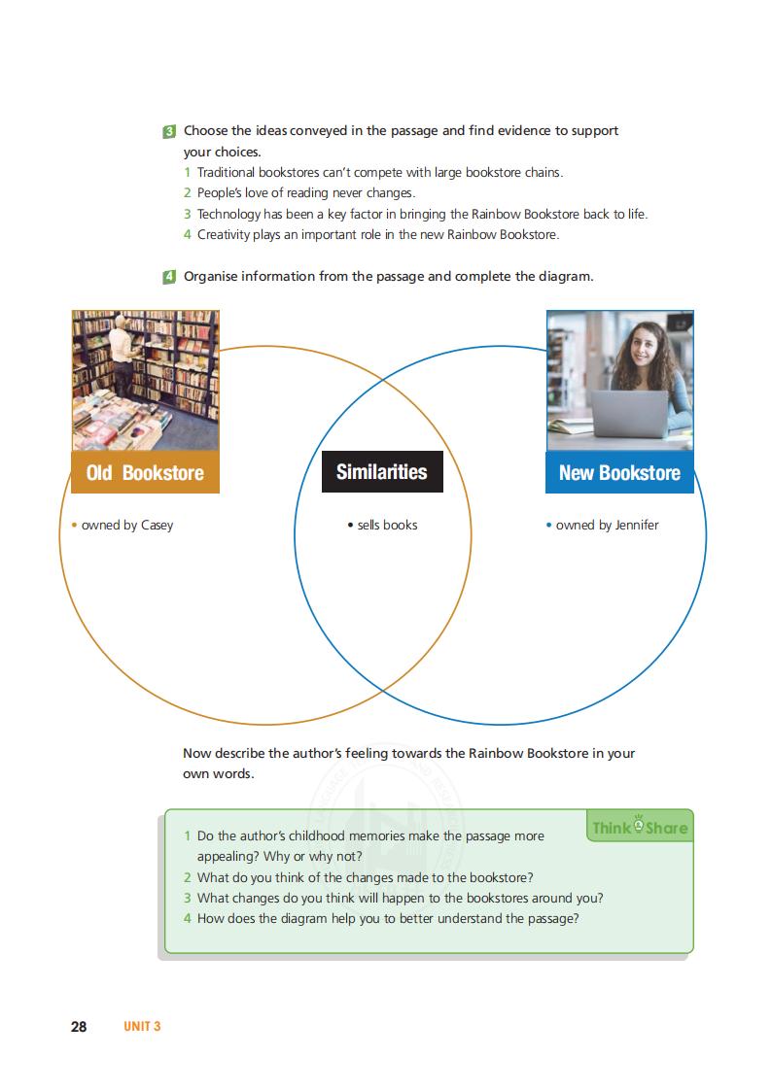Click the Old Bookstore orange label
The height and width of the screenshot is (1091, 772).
(145, 473)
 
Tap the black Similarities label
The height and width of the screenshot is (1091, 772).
(382, 472)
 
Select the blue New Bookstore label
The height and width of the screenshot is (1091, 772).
(619, 473)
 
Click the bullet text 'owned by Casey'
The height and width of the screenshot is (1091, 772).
(126, 526)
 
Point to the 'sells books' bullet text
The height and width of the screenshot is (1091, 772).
(387, 526)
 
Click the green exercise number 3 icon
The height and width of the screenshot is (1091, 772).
(169, 131)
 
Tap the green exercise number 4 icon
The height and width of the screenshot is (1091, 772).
(169, 277)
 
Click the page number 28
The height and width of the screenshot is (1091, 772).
(79, 1027)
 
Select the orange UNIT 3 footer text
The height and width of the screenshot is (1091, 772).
(141, 1027)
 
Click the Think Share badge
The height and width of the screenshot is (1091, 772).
(639, 828)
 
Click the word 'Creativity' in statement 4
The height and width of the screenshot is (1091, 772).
(224, 235)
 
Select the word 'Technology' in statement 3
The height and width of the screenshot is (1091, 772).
(229, 215)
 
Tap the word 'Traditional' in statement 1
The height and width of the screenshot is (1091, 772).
(228, 173)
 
